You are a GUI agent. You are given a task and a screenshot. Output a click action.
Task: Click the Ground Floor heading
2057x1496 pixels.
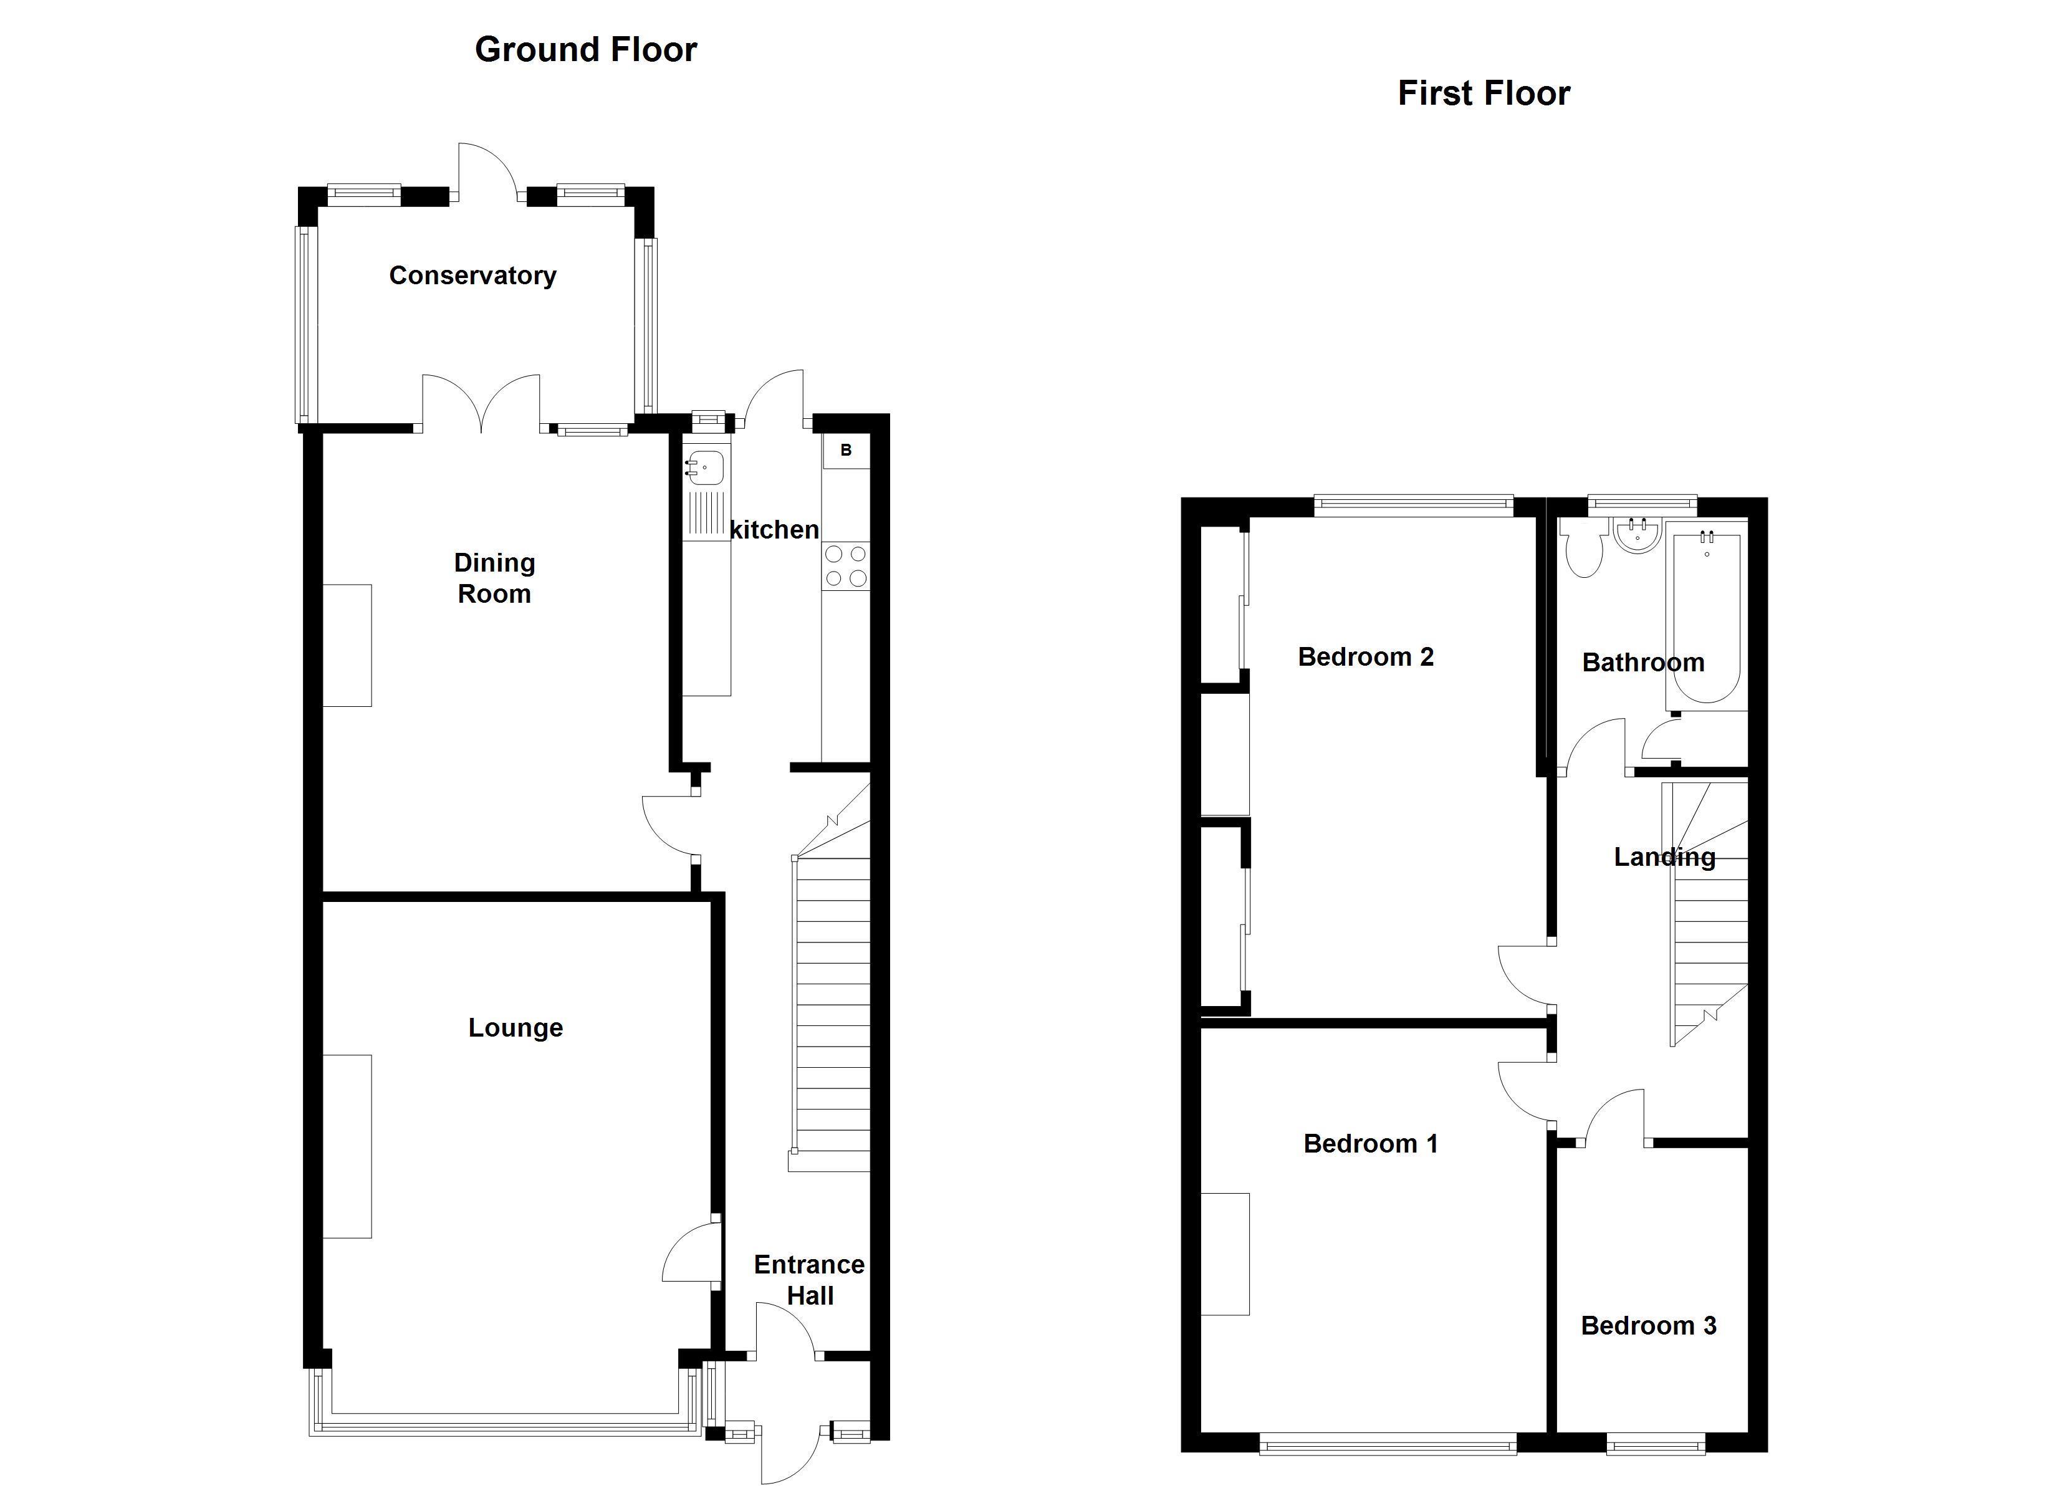[586, 50]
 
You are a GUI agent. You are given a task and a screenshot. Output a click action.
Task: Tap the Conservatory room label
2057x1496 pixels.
[472, 276]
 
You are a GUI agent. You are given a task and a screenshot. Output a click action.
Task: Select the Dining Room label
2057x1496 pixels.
[494, 578]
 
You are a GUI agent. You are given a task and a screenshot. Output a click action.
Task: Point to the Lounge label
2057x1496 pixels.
[515, 1028]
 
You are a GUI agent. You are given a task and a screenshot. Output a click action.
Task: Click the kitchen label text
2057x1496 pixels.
[774, 530]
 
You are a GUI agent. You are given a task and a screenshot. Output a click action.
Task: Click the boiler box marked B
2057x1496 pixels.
[845, 451]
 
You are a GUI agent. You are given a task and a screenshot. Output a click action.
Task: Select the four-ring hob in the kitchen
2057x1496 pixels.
[845, 565]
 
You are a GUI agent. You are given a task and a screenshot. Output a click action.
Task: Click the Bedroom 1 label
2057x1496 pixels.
[1371, 1144]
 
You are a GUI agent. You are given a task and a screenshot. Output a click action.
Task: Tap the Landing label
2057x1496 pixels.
[1664, 857]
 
